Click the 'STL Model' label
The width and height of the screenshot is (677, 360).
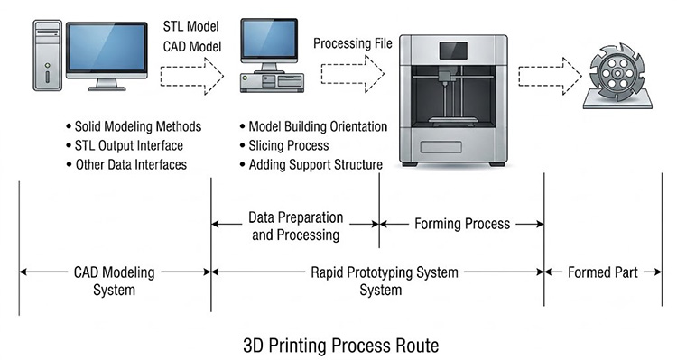pyautogui.click(x=190, y=27)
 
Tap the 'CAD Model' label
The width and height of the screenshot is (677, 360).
pyautogui.click(x=192, y=47)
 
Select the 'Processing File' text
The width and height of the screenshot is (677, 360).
pyautogui.click(x=353, y=43)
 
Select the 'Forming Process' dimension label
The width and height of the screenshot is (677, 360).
pyautogui.click(x=462, y=224)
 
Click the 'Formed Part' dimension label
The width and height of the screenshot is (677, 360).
pyautogui.click(x=602, y=272)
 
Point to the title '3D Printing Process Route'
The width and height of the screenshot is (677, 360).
pyautogui.click(x=340, y=346)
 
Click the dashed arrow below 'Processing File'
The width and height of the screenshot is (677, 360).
pyautogui.click(x=352, y=74)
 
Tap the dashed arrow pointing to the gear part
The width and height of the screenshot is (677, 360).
pyautogui.click(x=550, y=76)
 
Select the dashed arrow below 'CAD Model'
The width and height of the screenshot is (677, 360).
pyautogui.click(x=192, y=76)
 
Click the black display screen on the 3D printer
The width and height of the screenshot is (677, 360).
pyautogui.click(x=453, y=51)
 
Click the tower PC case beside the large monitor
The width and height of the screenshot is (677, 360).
pyautogui.click(x=48, y=55)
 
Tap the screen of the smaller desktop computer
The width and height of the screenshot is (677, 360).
pyautogui.click(x=269, y=39)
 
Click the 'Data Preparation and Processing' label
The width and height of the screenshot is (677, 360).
pyautogui.click(x=296, y=226)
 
